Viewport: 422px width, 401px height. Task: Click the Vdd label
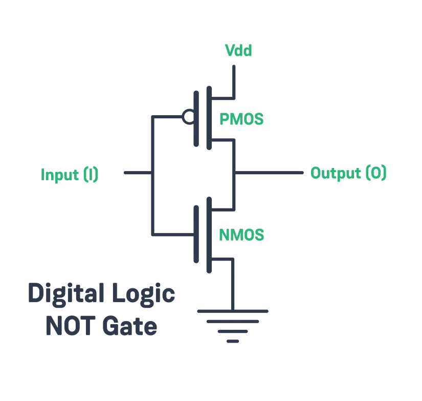(x=238, y=51)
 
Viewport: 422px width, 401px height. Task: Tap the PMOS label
(x=241, y=119)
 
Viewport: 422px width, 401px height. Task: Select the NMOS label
(x=241, y=235)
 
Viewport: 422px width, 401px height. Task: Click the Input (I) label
(x=70, y=175)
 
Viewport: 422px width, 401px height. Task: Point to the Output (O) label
(x=348, y=173)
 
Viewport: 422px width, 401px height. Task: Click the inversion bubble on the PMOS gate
(x=187, y=117)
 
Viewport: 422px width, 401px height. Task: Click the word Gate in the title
(x=130, y=326)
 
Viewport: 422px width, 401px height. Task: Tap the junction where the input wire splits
(x=152, y=173)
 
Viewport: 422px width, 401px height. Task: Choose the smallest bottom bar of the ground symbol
(x=233, y=341)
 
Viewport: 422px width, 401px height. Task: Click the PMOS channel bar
(x=209, y=118)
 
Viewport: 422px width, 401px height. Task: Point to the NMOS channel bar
(x=209, y=234)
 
